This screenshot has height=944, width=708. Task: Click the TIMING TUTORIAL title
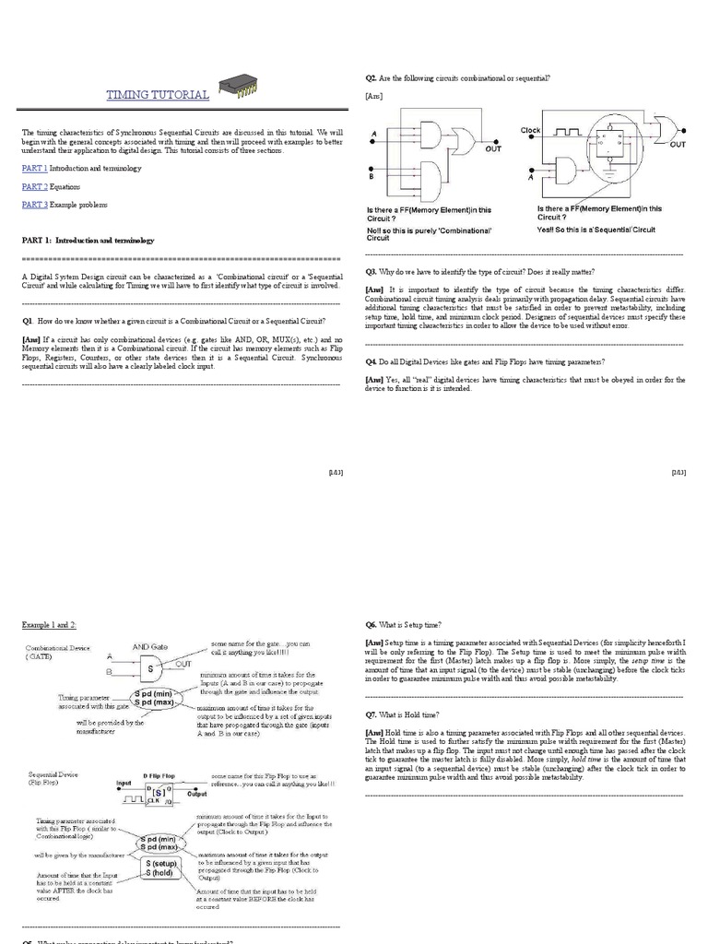coord(158,95)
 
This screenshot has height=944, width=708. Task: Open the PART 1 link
coord(34,169)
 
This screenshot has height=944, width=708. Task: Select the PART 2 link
coord(34,186)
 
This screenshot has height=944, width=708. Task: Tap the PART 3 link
coord(34,204)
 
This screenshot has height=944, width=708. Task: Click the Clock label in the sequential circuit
coord(530,131)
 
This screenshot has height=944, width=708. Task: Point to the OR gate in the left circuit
coord(460,140)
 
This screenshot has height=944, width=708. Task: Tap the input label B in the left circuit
coord(372,169)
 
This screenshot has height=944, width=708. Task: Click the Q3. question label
coord(371,272)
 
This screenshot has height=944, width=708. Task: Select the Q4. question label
coord(371,361)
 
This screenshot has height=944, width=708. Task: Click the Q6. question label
coord(371,625)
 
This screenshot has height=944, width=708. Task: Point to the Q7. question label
coord(371,714)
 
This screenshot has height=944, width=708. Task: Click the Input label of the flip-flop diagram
coord(124,784)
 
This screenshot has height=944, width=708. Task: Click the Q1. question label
coord(29,320)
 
